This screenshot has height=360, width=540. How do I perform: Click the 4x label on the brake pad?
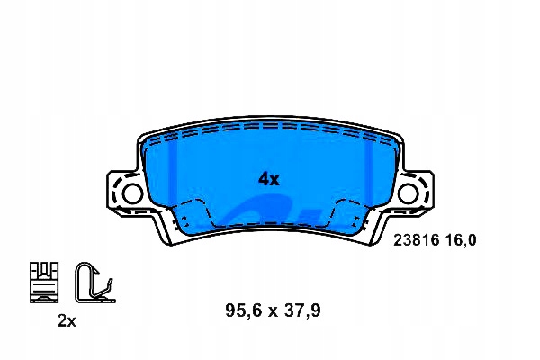(x=269, y=179)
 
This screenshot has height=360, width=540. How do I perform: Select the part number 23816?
(x=416, y=240)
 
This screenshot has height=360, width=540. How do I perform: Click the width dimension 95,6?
(x=242, y=310)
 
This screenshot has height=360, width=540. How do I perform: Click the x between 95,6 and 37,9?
(x=272, y=311)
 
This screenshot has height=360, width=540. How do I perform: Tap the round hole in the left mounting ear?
(x=131, y=193)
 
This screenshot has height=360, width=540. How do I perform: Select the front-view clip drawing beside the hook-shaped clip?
(x=44, y=281)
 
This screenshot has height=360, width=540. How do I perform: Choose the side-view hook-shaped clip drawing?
(x=91, y=281)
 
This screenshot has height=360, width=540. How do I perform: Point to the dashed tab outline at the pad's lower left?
(x=192, y=216)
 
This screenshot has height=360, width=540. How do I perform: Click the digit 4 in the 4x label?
(x=264, y=179)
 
